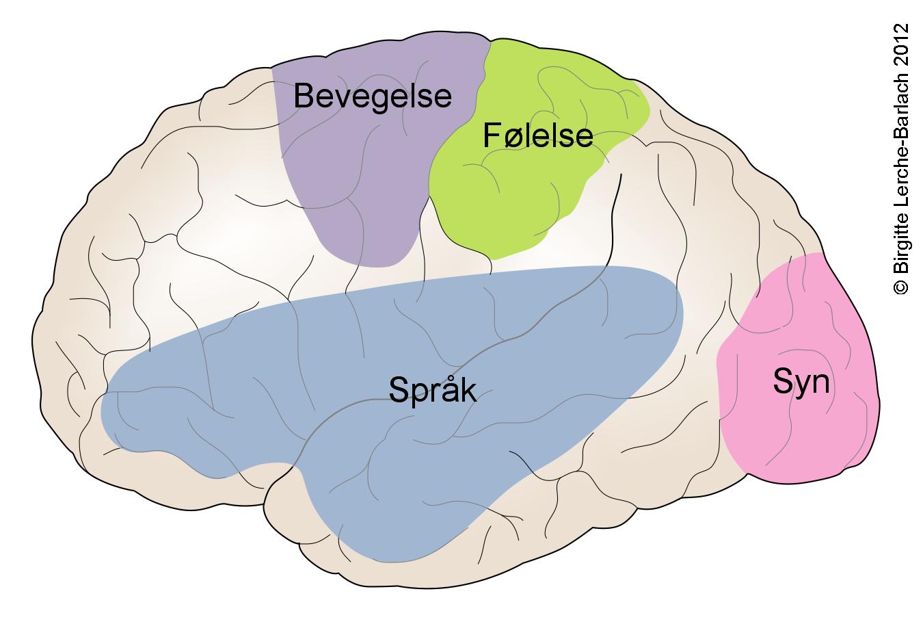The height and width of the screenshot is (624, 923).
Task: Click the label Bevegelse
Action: tap(373, 96)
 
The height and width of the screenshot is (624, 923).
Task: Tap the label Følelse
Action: tap(537, 135)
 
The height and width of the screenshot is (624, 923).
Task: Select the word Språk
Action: tap(432, 391)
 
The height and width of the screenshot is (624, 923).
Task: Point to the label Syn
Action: tap(801, 381)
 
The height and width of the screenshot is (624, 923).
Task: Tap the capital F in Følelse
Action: tap(491, 135)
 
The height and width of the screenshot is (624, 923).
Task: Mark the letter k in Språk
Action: tap(468, 389)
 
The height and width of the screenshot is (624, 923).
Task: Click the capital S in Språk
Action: tap(399, 390)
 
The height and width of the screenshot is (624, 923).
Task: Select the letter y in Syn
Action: tap(802, 385)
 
